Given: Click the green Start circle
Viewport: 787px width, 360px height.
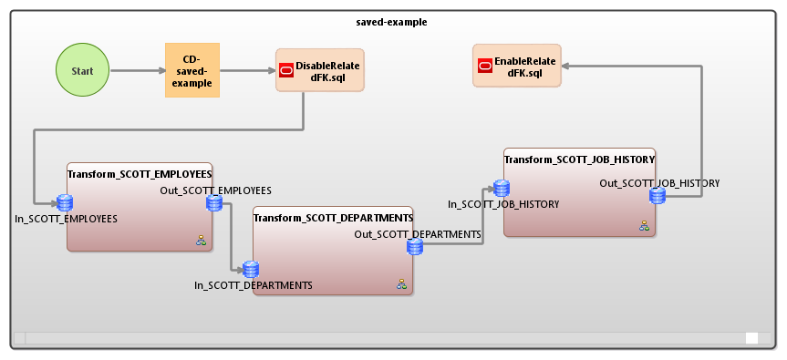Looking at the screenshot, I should tap(83, 70).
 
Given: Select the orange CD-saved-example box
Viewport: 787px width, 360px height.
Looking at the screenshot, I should tap(192, 70).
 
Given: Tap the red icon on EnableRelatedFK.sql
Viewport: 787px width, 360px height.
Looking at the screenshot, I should tap(486, 67).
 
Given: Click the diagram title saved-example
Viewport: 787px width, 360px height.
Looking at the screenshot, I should tap(393, 21).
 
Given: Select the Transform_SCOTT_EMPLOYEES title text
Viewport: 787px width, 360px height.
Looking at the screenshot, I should tap(140, 173).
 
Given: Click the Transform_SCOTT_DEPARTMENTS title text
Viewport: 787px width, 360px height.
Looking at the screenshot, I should tap(333, 218).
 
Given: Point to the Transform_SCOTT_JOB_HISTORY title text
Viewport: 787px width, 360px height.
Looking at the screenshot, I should tap(579, 159).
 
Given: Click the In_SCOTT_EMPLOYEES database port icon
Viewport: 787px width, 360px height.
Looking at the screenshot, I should tap(65, 202).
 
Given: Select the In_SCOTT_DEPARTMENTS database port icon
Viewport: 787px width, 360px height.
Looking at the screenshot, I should tap(251, 269).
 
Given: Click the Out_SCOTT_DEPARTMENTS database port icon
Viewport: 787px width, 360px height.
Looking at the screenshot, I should tap(414, 247).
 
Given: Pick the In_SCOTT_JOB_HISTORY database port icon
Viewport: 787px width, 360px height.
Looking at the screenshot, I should tap(501, 189).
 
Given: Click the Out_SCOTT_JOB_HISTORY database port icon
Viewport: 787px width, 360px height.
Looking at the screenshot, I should tap(657, 195).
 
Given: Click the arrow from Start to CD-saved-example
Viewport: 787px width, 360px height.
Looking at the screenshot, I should tap(137, 70).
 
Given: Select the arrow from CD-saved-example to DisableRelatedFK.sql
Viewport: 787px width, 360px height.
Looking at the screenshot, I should tap(247, 70).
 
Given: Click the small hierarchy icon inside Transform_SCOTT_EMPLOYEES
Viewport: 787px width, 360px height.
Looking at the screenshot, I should tap(201, 241).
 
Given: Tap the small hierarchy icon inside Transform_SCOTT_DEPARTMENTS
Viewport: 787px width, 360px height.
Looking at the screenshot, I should tap(401, 284).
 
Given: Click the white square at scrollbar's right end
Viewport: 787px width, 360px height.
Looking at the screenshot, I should tap(751, 338).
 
